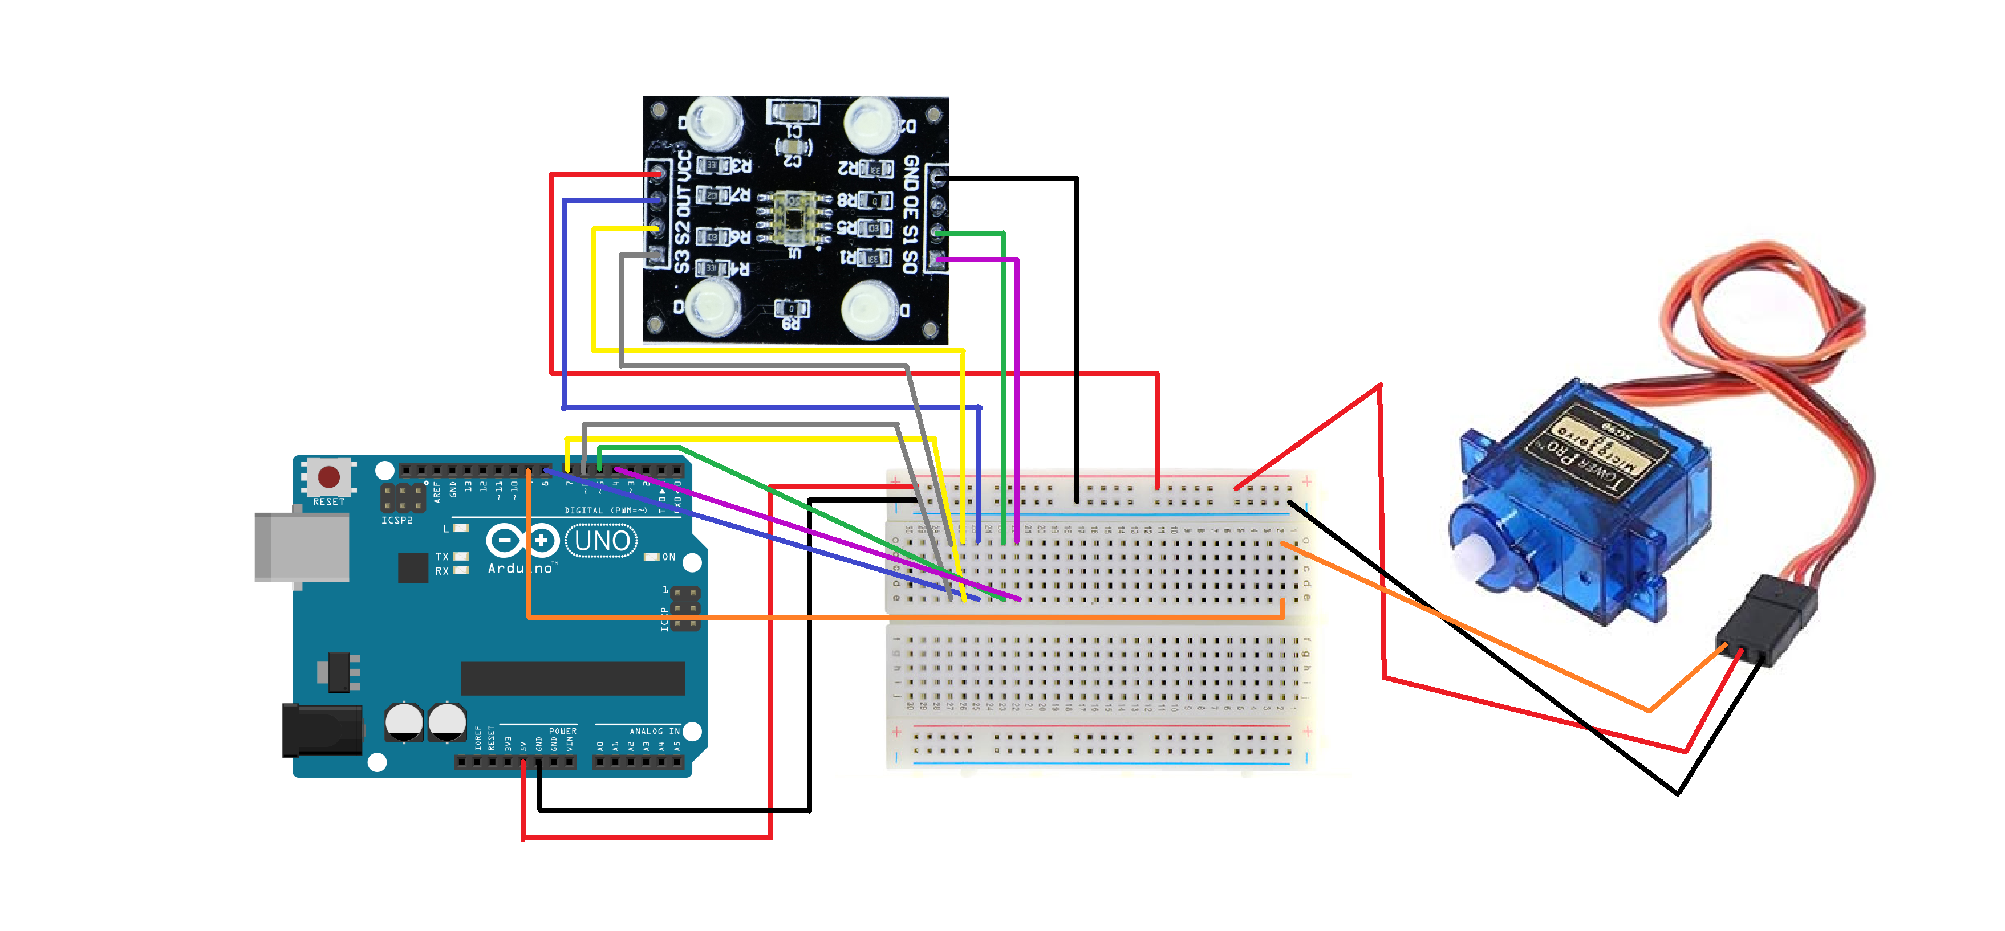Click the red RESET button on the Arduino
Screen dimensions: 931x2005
point(328,476)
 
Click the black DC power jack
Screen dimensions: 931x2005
point(322,729)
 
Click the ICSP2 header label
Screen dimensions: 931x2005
point(397,520)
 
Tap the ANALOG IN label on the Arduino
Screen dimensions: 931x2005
point(654,731)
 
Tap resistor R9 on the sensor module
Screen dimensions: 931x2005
point(792,309)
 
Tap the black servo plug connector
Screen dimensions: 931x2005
point(1767,618)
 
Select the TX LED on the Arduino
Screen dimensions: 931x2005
point(461,556)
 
